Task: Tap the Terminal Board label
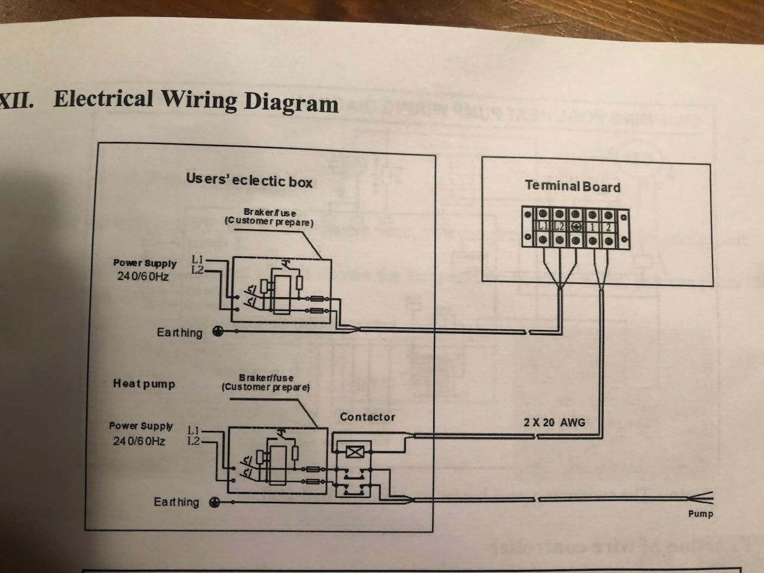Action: (572, 186)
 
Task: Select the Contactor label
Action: (367, 417)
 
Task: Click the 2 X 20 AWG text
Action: (554, 422)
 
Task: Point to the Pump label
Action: (700, 513)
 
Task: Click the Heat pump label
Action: (144, 384)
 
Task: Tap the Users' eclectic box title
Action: (249, 180)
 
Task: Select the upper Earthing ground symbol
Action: (218, 332)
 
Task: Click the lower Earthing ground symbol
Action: (214, 503)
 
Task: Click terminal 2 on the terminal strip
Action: (607, 226)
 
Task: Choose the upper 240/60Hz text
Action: (143, 277)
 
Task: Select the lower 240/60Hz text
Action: (139, 441)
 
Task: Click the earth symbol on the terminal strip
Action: (575, 226)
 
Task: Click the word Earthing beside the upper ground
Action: (179, 332)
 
